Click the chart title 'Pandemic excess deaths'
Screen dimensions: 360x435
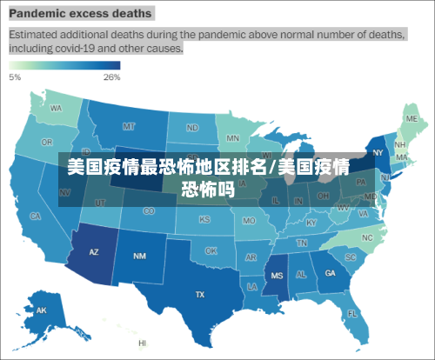point(81,14)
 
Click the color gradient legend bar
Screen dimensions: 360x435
point(64,65)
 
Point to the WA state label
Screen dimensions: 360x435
point(56,109)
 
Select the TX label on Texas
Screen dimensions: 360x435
point(200,295)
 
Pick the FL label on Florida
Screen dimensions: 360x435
point(352,313)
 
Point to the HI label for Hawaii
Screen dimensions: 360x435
point(142,343)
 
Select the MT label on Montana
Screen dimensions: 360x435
point(129,126)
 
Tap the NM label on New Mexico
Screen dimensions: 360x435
point(139,256)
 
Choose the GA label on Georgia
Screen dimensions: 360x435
point(331,273)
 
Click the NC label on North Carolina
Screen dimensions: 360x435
point(367,237)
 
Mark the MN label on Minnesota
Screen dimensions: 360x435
point(233,138)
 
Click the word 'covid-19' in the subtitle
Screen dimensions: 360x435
point(89,50)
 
